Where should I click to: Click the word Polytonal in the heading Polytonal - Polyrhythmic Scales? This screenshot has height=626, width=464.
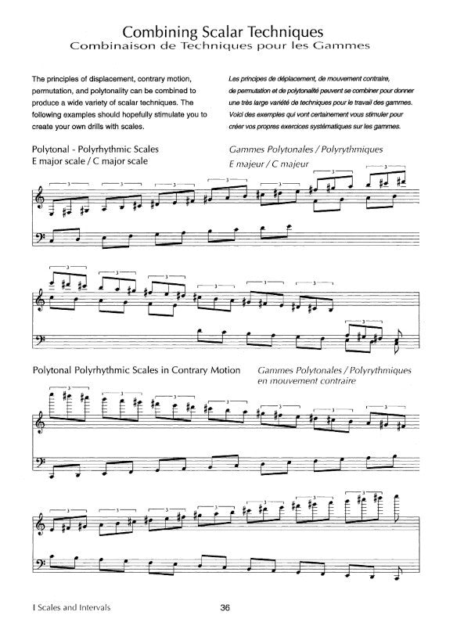56,149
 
